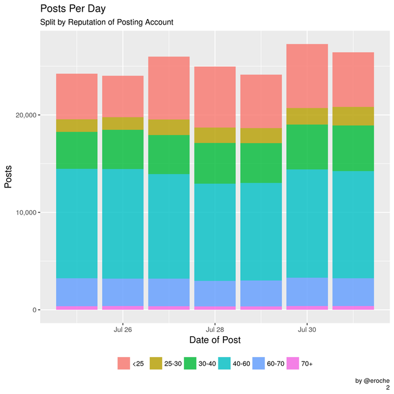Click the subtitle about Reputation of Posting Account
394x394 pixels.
click(107, 22)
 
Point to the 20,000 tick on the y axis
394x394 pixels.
click(23, 115)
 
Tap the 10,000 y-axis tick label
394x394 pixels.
click(23, 213)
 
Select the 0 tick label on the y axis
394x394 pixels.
click(33, 310)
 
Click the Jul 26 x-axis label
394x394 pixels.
click(123, 329)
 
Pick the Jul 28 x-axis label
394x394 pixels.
click(215, 329)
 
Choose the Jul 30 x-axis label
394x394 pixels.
click(307, 329)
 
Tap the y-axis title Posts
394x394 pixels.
click(9, 176)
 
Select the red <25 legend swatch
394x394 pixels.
click(124, 364)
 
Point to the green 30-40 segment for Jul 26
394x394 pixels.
click(123, 149)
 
